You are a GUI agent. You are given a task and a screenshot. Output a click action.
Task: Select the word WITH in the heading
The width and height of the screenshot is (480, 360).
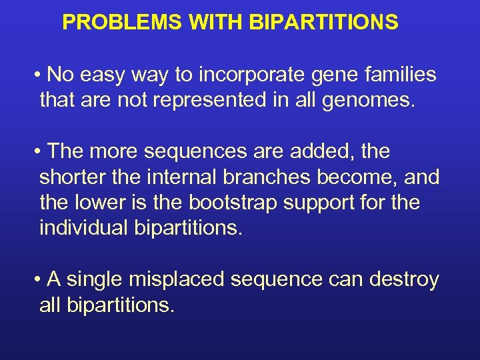216,23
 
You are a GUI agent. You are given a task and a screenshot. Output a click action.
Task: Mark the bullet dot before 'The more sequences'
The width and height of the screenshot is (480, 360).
40,152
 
